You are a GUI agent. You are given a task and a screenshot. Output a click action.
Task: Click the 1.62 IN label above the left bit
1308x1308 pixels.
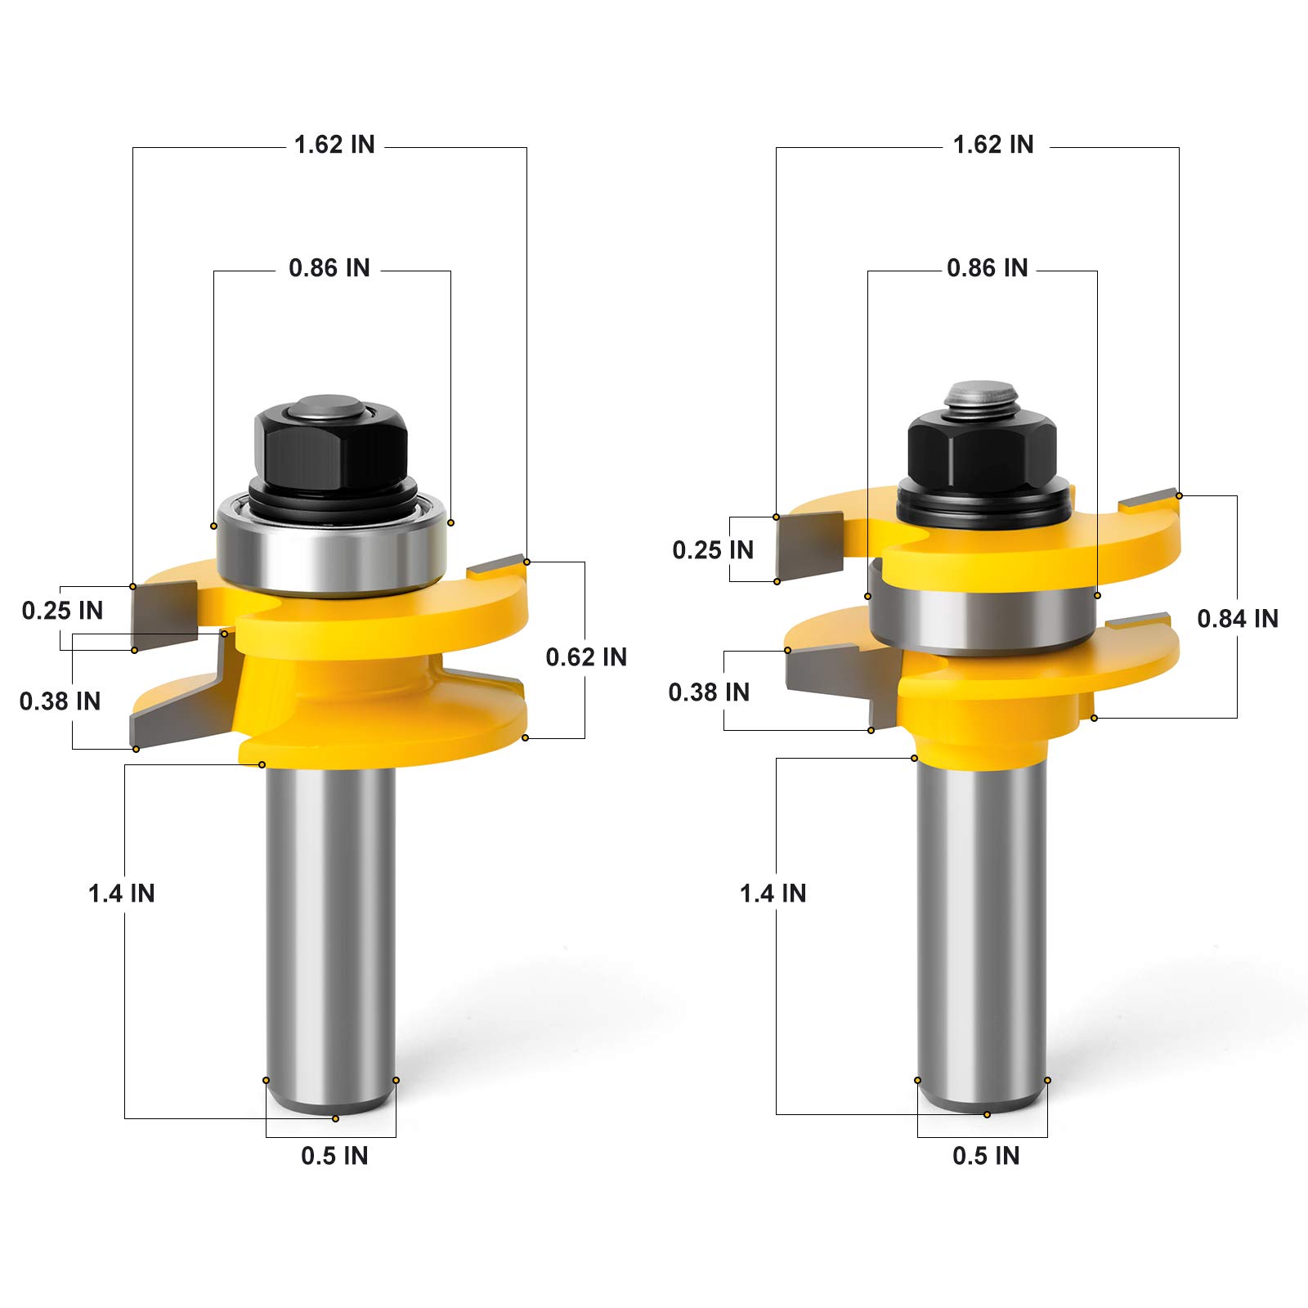click(x=334, y=145)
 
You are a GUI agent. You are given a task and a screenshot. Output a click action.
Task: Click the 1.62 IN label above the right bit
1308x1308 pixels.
click(x=993, y=145)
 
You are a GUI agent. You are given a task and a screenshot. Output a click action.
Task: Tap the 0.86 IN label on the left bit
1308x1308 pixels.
click(x=329, y=268)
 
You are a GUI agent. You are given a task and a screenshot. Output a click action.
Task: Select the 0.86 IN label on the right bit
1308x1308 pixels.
click(x=988, y=268)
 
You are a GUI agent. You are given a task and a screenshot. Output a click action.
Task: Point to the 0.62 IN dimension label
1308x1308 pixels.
click(x=586, y=657)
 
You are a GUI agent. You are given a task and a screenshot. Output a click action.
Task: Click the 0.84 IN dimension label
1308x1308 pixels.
click(x=1238, y=619)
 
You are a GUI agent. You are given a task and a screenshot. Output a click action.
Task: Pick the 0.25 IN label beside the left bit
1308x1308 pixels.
click(x=63, y=611)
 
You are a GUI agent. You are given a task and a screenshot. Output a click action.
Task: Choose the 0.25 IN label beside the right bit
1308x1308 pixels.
click(x=713, y=550)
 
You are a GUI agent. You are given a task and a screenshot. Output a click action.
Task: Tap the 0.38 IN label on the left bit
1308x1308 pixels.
click(x=60, y=701)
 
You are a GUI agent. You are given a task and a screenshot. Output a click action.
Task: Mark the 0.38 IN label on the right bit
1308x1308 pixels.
click(x=709, y=692)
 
